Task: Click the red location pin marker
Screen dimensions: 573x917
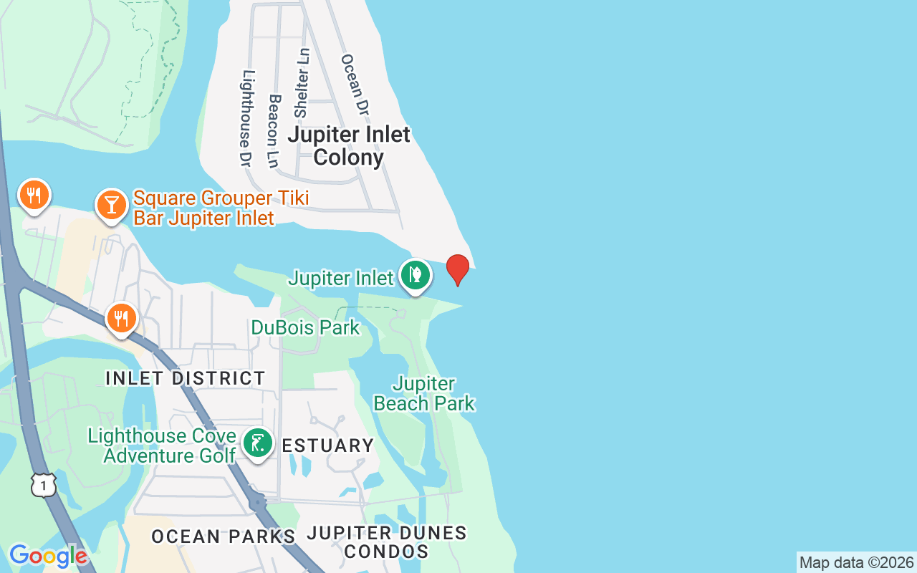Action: pos(458,269)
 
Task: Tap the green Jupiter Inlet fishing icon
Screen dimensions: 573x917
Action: pos(415,274)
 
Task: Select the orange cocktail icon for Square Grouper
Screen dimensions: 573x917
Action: pos(111,206)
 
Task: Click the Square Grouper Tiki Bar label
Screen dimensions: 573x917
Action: pos(221,208)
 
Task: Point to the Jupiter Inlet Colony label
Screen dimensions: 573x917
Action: pos(349,145)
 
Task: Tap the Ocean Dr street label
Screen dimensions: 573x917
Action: pos(354,85)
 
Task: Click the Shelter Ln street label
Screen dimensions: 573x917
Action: pos(302,83)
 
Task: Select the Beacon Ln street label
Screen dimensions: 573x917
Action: pos(272,130)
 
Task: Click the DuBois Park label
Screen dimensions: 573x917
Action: pos(305,328)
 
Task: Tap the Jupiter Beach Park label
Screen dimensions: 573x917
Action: pos(424,394)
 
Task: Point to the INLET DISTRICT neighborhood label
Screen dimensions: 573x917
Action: pos(186,378)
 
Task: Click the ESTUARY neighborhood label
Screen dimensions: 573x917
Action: pos(328,446)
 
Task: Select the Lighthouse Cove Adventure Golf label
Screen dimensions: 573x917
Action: pos(162,446)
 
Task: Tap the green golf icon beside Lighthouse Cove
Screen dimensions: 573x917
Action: pos(256,443)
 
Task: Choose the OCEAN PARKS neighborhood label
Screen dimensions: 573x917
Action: pos(224,536)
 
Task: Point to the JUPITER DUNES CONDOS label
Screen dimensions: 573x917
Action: pos(387,542)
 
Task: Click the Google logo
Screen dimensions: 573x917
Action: pos(48,556)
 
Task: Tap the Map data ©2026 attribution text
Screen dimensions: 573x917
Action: pos(856,562)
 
